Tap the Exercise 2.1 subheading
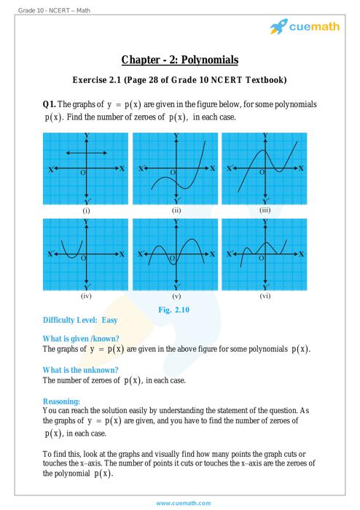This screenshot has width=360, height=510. (x=180, y=79)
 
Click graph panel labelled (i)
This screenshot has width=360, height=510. (x=87, y=169)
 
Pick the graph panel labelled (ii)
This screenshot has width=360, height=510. (x=176, y=169)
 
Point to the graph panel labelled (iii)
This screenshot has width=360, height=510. (x=265, y=169)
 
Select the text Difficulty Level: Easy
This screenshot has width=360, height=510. (x=80, y=321)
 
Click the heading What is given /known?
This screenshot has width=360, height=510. (x=81, y=339)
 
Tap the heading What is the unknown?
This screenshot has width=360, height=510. (x=81, y=369)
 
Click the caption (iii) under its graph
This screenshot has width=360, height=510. (x=265, y=211)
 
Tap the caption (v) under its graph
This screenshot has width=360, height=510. (x=176, y=297)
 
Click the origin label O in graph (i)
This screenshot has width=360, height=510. (x=82, y=173)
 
